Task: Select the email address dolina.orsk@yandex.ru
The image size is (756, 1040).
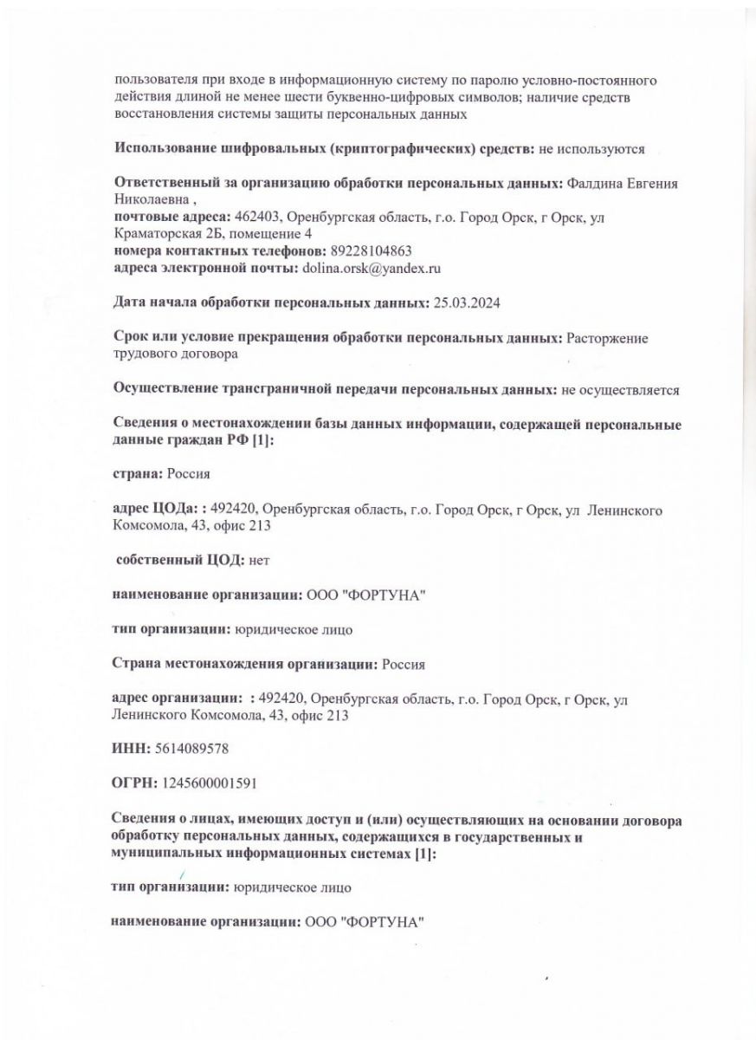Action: coord(372,269)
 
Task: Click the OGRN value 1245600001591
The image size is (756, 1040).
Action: coord(209,783)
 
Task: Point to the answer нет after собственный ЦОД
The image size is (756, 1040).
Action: coord(260,561)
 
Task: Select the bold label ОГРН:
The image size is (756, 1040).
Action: coord(134,783)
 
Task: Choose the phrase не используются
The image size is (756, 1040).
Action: coord(592,149)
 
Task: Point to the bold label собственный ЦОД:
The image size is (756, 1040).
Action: coord(181,561)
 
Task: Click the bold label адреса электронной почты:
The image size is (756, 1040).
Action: coord(205,269)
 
